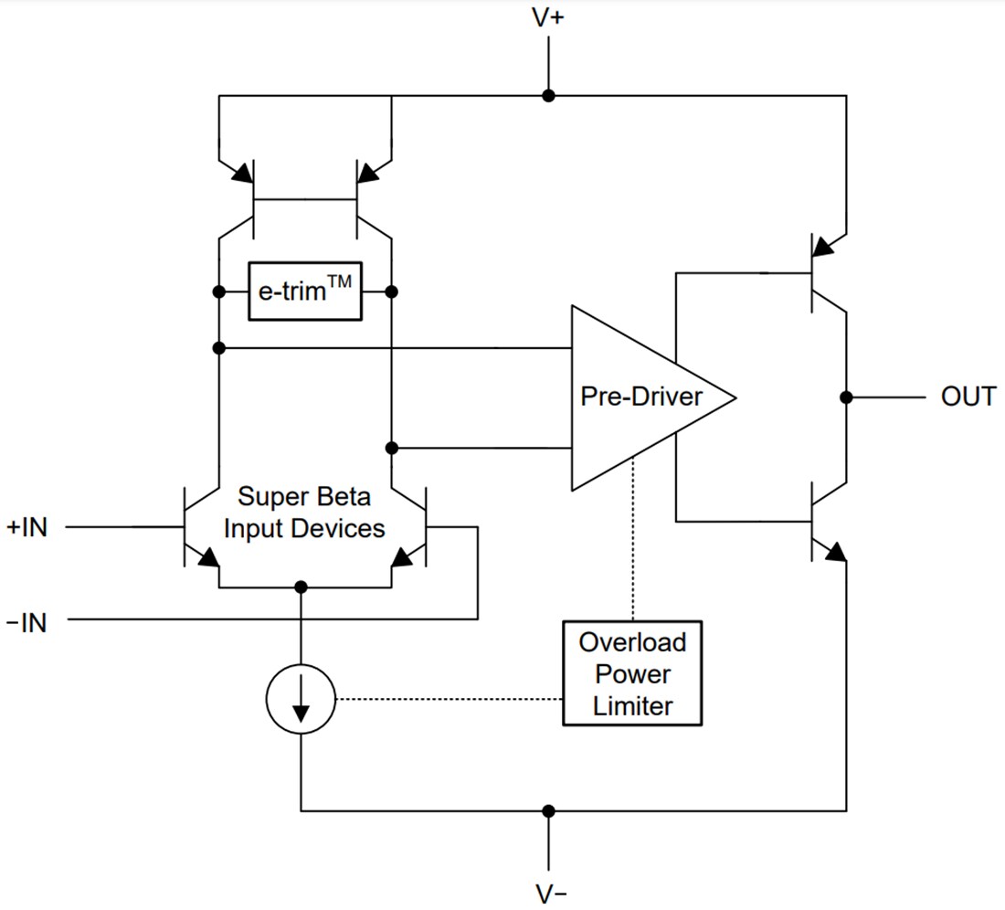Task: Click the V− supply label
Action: (548, 893)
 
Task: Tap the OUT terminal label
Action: (968, 397)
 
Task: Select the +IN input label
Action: (26, 527)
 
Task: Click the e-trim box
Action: (304, 292)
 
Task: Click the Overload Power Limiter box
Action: (632, 673)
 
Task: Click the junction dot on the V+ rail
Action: (548, 95)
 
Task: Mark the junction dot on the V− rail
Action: (548, 810)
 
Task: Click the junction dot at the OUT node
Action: (847, 397)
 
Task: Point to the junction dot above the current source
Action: (301, 587)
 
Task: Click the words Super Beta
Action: (304, 497)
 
